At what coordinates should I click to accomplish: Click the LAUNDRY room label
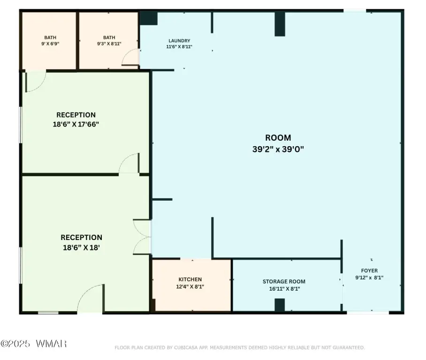tap(179, 41)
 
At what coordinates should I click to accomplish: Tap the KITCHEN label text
tap(190, 279)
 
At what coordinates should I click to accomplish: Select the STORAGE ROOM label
tap(284, 282)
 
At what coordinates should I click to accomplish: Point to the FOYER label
tap(369, 270)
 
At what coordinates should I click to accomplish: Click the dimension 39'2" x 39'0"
tap(278, 149)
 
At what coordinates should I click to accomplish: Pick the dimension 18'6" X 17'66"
tap(76, 124)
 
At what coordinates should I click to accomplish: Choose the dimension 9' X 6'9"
tap(50, 44)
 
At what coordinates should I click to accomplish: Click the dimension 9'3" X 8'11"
tap(109, 44)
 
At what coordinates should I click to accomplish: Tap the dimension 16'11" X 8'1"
tap(284, 289)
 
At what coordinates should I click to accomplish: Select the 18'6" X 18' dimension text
tap(81, 247)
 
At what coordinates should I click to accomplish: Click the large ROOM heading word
tap(278, 138)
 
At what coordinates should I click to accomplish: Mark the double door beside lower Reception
tap(142, 237)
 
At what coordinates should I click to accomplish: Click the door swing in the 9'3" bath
tap(130, 57)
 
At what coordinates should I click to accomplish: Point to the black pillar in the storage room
tap(280, 305)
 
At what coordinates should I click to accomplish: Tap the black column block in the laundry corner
tap(148, 18)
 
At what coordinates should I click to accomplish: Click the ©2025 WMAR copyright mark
tap(34, 344)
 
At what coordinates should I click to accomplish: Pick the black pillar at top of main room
tap(280, 24)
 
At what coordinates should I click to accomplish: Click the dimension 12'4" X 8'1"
tap(190, 287)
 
